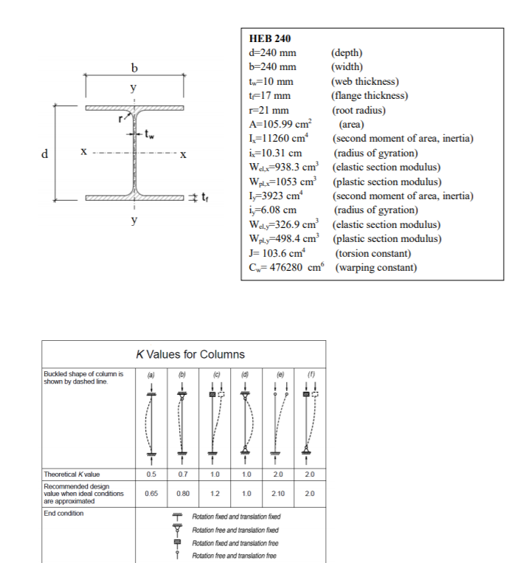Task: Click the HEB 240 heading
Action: coord(271,39)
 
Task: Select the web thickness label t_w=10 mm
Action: coord(272,81)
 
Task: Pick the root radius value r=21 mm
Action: coord(270,109)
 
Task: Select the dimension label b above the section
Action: coord(134,69)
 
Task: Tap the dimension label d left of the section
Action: coord(45,154)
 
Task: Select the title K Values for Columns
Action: coord(190,354)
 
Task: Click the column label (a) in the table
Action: coord(150,376)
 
